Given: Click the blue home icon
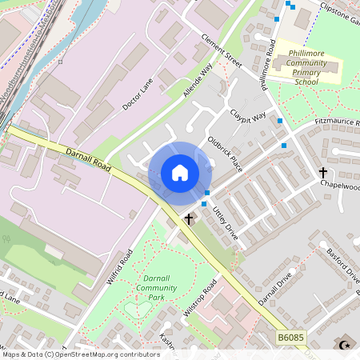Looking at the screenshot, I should click(180, 173).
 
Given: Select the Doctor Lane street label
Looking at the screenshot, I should click(137, 94).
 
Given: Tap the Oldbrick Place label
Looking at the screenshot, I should click(225, 151).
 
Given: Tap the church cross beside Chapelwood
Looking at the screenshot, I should click(323, 172).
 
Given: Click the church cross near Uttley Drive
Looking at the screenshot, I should click(190, 218).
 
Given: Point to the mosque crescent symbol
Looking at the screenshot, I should click(346, 346).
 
